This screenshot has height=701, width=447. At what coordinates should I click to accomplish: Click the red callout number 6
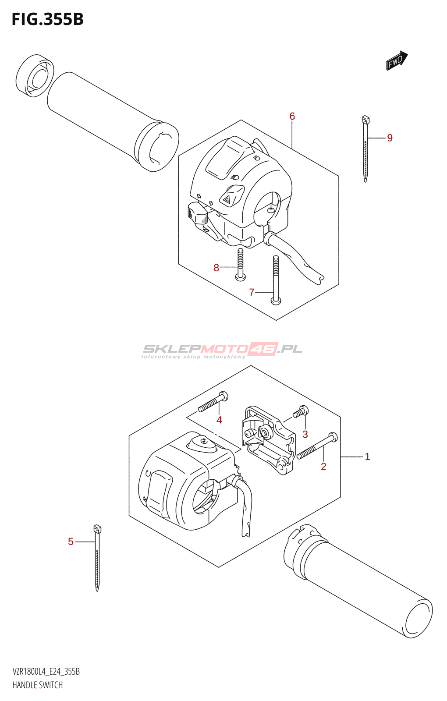(x=292, y=116)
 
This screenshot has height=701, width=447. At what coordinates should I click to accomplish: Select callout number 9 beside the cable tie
(x=390, y=138)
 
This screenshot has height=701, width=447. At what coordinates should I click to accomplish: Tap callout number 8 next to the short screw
(x=216, y=268)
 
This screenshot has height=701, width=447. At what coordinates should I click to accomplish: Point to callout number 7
(x=252, y=292)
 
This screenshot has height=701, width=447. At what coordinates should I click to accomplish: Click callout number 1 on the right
(x=367, y=457)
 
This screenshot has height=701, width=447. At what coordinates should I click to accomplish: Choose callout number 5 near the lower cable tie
(x=71, y=542)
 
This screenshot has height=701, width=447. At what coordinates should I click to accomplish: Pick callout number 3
(x=305, y=434)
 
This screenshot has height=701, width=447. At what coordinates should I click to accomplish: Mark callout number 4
(x=219, y=420)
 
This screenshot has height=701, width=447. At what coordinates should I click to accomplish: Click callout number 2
(x=323, y=467)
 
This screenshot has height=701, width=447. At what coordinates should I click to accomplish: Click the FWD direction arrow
(x=397, y=60)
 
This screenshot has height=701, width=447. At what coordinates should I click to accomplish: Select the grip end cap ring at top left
(x=35, y=76)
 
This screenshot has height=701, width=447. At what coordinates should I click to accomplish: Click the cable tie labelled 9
(x=365, y=149)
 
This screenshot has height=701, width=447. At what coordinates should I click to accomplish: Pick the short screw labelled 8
(x=240, y=265)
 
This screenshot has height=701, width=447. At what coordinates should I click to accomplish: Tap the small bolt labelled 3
(x=301, y=411)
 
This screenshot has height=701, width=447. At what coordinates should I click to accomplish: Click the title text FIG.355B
(x=47, y=20)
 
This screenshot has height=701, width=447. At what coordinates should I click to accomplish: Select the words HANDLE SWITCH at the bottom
(x=38, y=685)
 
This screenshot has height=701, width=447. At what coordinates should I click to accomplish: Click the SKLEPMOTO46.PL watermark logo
(x=222, y=350)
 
